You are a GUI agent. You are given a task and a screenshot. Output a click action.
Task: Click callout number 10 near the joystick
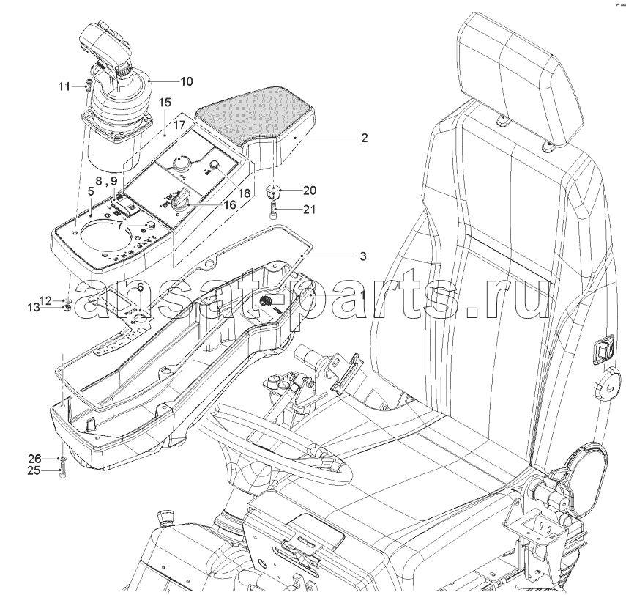coord(187,81)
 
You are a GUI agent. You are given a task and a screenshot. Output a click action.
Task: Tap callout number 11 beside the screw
coord(64,86)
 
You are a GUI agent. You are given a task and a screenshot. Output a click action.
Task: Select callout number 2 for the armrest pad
coord(364,138)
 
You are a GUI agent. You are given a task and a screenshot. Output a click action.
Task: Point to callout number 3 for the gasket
coord(363,256)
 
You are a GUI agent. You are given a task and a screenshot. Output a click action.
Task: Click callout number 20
coord(310,191)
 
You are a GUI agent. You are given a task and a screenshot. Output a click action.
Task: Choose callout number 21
coord(309,209)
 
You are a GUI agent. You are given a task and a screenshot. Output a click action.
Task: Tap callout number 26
coord(34,458)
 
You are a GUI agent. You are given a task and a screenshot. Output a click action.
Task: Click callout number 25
coord(34,470)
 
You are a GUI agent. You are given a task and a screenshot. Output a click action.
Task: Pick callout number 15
coord(165,103)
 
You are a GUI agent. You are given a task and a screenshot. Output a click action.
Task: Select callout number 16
coord(230,204)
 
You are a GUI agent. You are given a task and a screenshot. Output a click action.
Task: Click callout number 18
coord(244,193)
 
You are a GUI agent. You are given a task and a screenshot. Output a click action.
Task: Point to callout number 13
coord(34,307)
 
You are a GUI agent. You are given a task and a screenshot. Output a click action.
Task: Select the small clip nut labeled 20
coord(272,192)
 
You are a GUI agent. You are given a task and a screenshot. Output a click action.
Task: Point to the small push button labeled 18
coord(215,164)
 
